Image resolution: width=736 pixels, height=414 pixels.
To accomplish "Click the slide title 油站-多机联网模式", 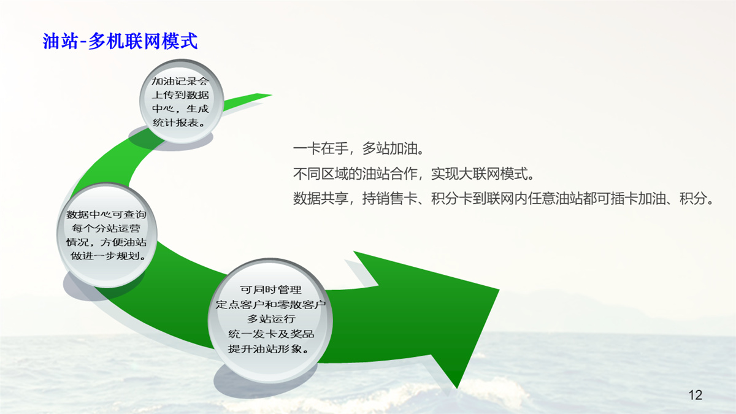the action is (120, 41).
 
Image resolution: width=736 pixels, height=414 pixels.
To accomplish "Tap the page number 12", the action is (696, 394).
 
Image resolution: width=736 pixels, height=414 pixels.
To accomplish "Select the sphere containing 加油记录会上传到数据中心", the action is (182, 101).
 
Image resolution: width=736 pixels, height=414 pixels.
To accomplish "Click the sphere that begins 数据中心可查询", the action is (107, 236).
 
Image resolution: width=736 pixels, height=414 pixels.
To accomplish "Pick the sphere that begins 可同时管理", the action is (270, 320).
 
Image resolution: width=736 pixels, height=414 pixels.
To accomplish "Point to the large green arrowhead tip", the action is (457, 388).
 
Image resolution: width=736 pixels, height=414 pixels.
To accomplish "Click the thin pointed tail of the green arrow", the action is (270, 95).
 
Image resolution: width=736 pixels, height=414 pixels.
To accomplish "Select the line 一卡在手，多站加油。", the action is (358, 149).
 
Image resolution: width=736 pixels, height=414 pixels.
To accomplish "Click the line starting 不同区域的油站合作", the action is (413, 174).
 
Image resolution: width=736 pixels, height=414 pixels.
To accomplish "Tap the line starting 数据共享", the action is (504, 198).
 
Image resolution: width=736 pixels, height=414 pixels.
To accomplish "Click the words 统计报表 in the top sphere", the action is (175, 123).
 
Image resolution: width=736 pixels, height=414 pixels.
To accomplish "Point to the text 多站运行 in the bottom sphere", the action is (271, 319).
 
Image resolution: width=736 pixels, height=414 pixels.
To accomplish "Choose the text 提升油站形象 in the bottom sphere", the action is (264, 348).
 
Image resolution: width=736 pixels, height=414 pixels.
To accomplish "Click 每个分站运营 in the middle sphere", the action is (106, 228).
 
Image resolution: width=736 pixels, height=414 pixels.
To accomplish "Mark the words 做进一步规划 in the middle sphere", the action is (104, 256).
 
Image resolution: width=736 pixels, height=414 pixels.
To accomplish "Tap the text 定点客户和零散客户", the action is (270, 304).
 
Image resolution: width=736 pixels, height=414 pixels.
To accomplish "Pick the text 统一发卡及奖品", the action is (271, 334).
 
